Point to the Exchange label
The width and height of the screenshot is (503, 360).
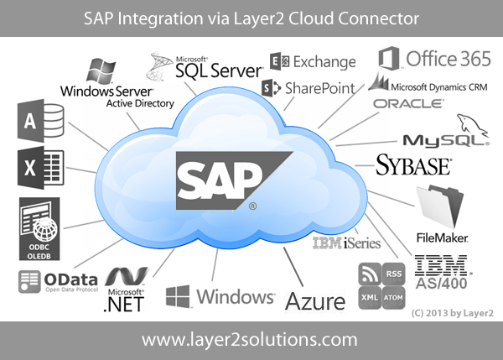click(312, 61)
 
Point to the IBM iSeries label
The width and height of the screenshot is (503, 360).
click(346, 244)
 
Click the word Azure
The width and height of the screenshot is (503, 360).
click(315, 300)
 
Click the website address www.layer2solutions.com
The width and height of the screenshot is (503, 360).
click(250, 340)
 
